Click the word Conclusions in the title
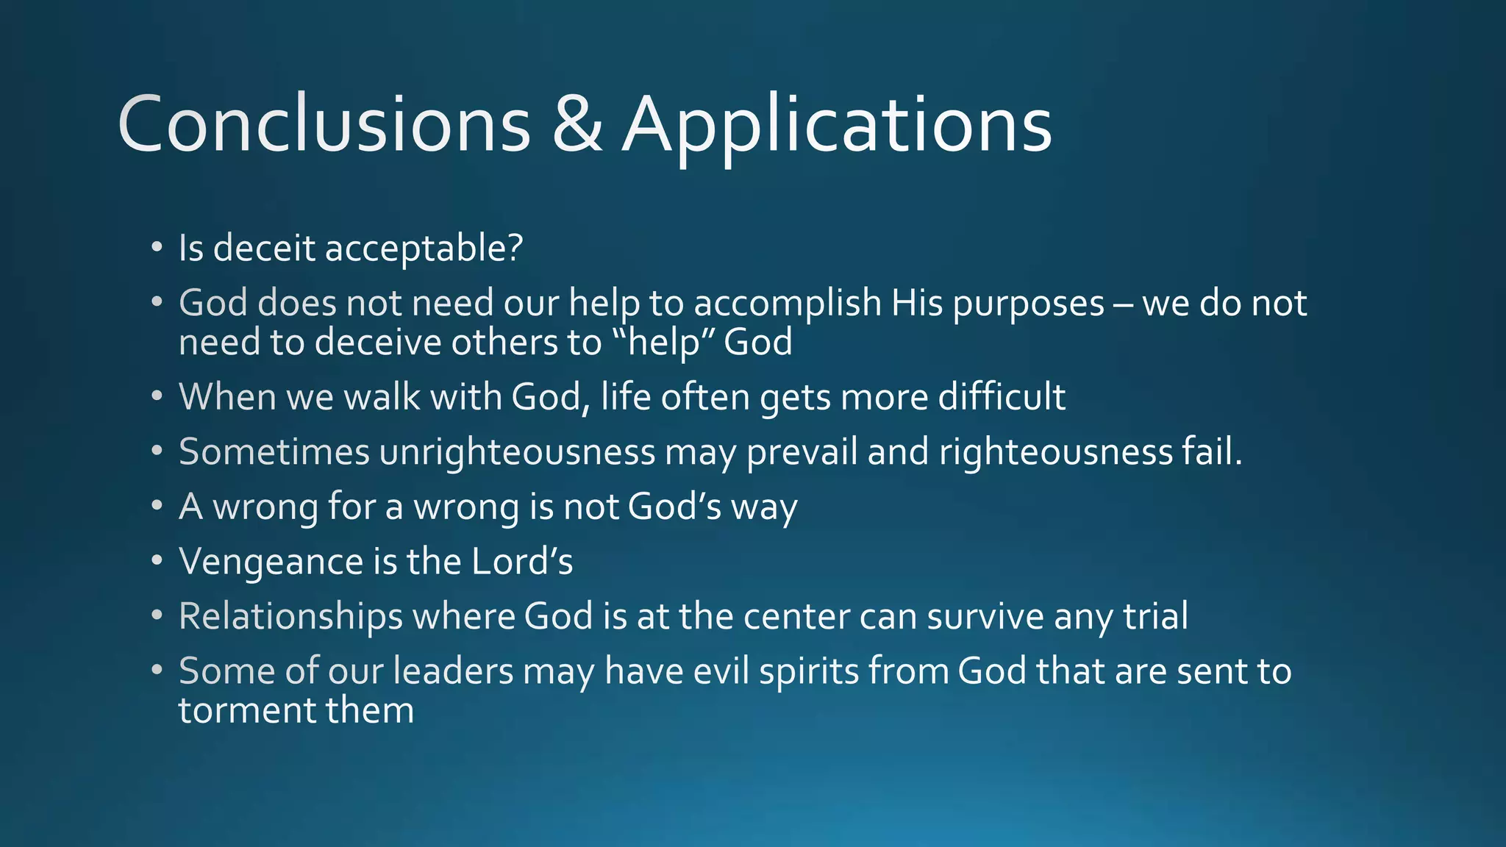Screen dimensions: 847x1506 pos(324,125)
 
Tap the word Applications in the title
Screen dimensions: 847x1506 pos(837,125)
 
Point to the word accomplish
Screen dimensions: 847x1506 pos(787,304)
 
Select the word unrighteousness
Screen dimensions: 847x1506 pos(517,452)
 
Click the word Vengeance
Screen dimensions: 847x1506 pos(271,562)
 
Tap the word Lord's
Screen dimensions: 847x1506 pos(521,562)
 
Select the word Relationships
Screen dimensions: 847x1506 pos(290,616)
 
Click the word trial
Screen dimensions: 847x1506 pos(1155,616)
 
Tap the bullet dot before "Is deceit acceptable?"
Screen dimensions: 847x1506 pos(157,247)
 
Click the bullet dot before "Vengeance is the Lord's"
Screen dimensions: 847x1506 pos(157,561)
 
